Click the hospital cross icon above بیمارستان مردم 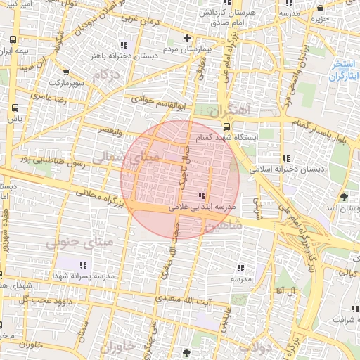point(186,38)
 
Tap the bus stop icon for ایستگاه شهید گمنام point(226,127)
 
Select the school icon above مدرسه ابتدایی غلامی point(202,195)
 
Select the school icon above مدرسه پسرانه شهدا point(83,265)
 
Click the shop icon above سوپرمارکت point(65,72)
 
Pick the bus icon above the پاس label point(15,108)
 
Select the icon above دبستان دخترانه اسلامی point(285,158)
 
